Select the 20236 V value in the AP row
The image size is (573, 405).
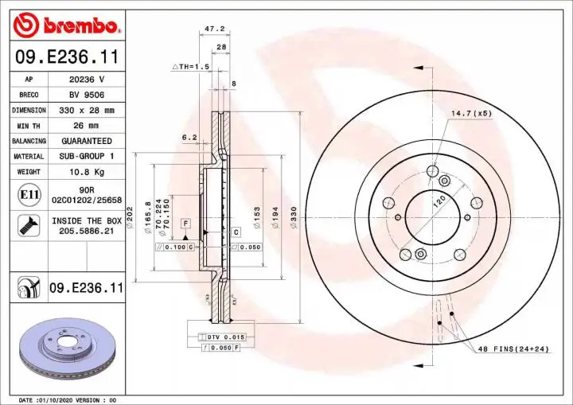coord(87,80)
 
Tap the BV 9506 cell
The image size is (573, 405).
coord(87,95)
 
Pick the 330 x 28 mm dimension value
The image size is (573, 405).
coord(87,110)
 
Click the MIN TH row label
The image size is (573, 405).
coord(29,125)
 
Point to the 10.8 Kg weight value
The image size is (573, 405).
coord(87,172)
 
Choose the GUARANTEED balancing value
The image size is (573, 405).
coord(87,141)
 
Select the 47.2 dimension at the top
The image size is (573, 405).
coord(212,29)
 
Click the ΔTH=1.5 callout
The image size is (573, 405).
coord(190,68)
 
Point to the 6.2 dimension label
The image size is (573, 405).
coord(189,137)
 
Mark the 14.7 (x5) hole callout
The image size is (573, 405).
coord(472,114)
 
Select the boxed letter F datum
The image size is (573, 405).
coord(185,223)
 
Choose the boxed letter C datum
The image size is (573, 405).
coord(236,232)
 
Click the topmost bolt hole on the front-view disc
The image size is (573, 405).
coord(432,170)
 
